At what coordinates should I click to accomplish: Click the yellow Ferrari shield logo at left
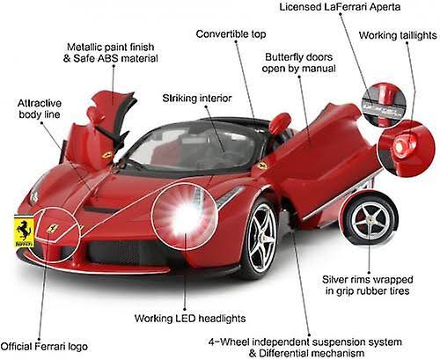[24, 231]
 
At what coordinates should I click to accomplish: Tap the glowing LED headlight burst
[186, 216]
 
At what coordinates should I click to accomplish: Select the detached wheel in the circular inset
[370, 218]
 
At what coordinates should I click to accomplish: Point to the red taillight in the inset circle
[400, 146]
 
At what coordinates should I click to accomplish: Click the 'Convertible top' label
[231, 34]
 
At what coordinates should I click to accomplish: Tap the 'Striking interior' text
[197, 98]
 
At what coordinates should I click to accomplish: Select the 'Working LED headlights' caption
[190, 319]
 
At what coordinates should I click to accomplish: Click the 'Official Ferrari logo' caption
[44, 346]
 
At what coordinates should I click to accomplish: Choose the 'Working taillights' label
[398, 35]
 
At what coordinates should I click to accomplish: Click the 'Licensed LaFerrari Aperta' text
[340, 7]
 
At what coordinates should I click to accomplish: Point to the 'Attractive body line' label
[40, 109]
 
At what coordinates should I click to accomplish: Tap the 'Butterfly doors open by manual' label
[298, 62]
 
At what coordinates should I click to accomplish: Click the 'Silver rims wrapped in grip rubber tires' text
[368, 285]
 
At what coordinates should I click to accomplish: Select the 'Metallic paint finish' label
[111, 47]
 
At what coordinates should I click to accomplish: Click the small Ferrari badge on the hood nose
[53, 228]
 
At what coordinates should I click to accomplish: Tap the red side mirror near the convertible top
[280, 122]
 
